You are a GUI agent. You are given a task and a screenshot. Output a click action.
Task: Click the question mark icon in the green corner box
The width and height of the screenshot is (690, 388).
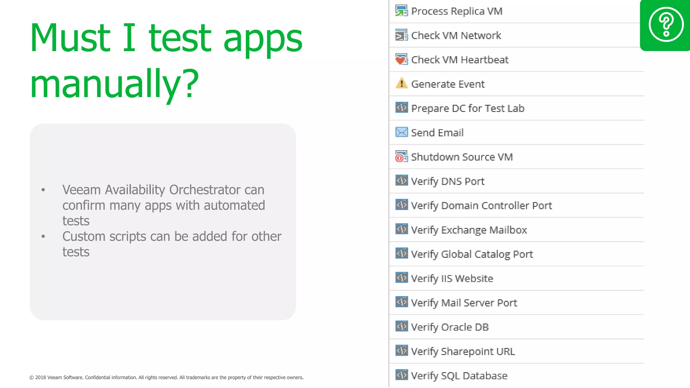666,24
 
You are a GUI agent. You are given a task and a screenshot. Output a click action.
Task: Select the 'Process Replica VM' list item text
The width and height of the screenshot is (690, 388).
457,11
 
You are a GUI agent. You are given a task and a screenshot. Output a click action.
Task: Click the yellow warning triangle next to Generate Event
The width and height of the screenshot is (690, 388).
401,83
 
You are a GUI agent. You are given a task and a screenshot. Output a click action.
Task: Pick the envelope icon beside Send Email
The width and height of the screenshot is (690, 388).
401,132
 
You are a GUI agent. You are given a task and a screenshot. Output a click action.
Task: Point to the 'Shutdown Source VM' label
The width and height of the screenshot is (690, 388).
462,157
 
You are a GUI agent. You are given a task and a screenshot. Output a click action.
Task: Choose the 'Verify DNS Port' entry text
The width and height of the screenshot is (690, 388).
447,181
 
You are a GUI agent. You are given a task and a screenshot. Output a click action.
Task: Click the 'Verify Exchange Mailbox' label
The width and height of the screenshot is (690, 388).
469,230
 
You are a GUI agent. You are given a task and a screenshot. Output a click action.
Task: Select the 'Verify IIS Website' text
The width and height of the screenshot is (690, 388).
452,279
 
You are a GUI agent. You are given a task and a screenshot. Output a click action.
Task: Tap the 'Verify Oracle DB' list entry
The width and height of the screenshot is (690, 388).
449,327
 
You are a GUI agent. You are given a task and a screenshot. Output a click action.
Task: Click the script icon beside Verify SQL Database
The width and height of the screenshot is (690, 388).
401,375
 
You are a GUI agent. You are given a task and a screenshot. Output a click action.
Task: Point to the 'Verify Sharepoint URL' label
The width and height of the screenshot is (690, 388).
463,351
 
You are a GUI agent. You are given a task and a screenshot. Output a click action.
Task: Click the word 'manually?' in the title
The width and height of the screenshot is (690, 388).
115,83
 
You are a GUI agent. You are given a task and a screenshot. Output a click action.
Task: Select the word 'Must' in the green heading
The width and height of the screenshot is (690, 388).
70,38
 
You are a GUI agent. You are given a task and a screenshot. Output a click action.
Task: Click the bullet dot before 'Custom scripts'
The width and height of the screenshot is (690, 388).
43,236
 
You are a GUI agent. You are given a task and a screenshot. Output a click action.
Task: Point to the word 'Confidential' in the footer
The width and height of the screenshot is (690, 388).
97,378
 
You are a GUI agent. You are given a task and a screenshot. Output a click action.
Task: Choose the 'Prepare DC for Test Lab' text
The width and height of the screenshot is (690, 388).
468,108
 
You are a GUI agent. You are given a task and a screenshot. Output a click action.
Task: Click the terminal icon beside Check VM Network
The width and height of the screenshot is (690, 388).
401,35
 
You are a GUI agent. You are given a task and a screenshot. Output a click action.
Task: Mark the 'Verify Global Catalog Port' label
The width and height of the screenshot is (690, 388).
472,254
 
